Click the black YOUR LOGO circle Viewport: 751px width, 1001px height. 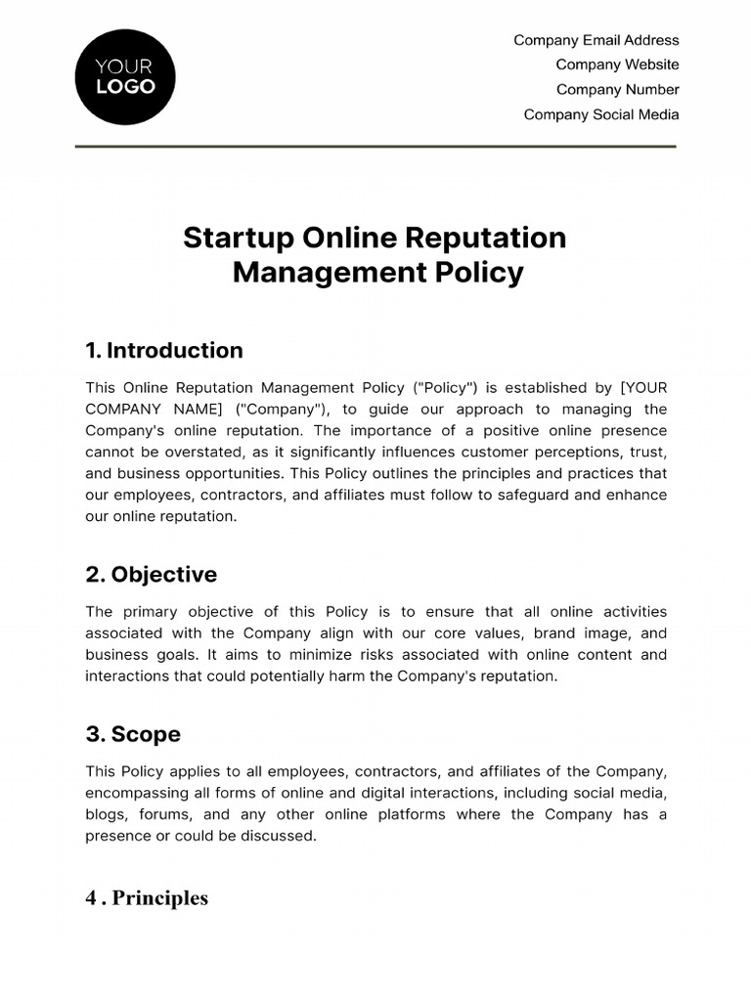pos(124,77)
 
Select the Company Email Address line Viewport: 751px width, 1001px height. pos(596,40)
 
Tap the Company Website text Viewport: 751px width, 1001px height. pos(617,65)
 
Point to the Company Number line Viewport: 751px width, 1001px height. pos(617,90)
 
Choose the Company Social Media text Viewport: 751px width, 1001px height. pos(600,114)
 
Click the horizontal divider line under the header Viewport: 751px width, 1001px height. pos(375,147)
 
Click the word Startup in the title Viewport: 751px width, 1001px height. pos(238,238)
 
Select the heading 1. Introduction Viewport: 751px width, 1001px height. pos(164,350)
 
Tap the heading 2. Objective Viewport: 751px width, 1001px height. pos(151,574)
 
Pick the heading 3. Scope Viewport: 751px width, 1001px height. pos(133,734)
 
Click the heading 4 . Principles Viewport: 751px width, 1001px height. pos(147,897)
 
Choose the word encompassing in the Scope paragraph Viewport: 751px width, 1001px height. pos(137,793)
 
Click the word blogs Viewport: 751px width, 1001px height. pos(106,814)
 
